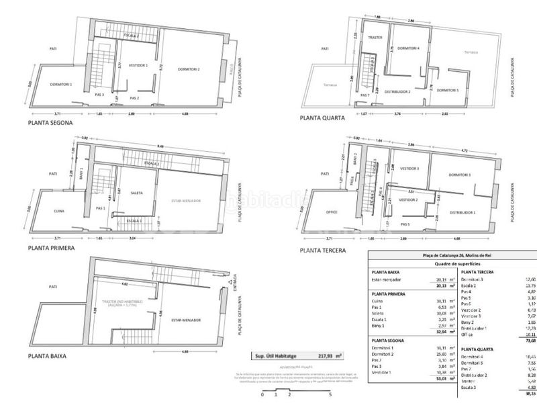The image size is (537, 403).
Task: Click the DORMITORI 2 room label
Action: point(189,69)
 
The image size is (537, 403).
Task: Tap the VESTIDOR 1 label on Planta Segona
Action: point(138,65)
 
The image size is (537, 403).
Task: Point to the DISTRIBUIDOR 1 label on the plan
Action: point(462,213)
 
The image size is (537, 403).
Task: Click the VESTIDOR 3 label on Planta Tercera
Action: point(408,169)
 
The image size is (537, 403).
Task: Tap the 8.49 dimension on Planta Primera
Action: point(161,146)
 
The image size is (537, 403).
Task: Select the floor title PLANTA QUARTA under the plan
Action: point(323,117)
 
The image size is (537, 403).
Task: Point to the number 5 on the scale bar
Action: point(330,396)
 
